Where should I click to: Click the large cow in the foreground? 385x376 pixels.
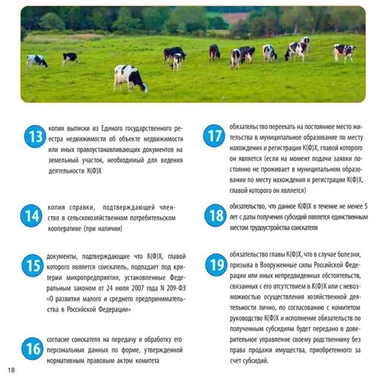pyautogui.click(x=130, y=77)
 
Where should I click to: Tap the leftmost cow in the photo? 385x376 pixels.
pyautogui.click(x=37, y=60)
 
